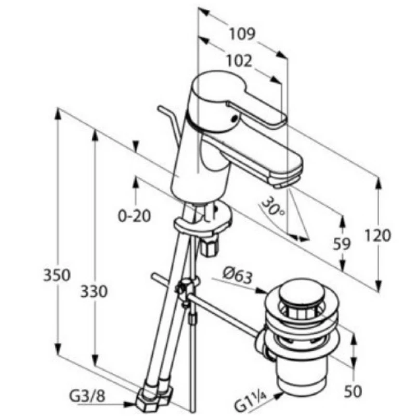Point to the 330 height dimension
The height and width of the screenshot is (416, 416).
[x=95, y=292]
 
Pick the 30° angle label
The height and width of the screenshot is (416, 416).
[x=274, y=206]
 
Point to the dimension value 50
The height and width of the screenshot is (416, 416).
[x=353, y=389]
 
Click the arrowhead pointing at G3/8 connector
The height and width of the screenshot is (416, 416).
[x=131, y=404]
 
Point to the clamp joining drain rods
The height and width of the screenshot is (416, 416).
[x=187, y=289]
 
